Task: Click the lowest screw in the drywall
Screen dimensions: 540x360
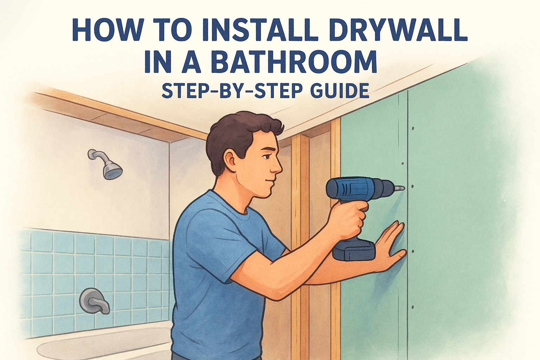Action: pyautogui.click(x=412, y=307)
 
